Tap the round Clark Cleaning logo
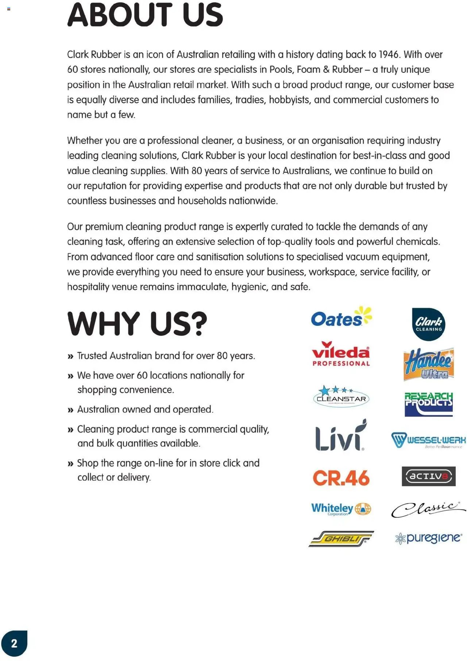tap(428, 324)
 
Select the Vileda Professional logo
tap(341, 354)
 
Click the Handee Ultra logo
tap(429, 364)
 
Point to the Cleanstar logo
tap(341, 396)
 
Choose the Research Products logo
tap(429, 404)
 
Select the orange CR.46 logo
tap(341, 478)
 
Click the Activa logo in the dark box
tap(428, 476)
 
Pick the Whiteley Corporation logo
tap(341, 509)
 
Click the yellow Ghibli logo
tap(341, 539)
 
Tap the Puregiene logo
tap(428, 538)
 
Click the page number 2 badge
tap(14, 643)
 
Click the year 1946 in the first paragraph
tap(389, 54)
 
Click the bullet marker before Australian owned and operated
tap(70, 410)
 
